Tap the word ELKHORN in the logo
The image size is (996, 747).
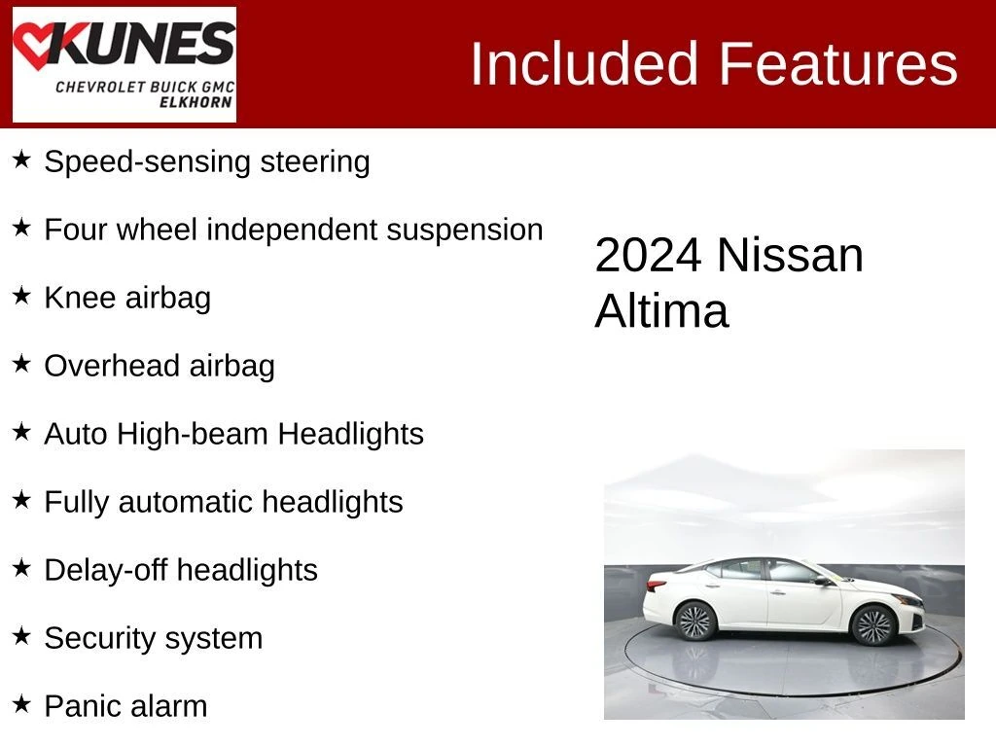(196, 102)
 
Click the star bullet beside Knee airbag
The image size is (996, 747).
(21, 296)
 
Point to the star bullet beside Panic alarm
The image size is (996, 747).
(21, 704)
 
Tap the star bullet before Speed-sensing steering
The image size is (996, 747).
(21, 160)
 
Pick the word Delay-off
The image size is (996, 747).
(106, 570)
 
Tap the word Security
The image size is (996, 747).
(105, 639)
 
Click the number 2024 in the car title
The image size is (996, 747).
(648, 256)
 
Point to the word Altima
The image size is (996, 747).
(661, 310)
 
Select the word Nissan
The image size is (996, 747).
(790, 256)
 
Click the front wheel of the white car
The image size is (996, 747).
(873, 625)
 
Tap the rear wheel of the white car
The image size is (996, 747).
(695, 621)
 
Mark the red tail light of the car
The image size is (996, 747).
(657, 585)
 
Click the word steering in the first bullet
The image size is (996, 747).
(315, 162)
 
